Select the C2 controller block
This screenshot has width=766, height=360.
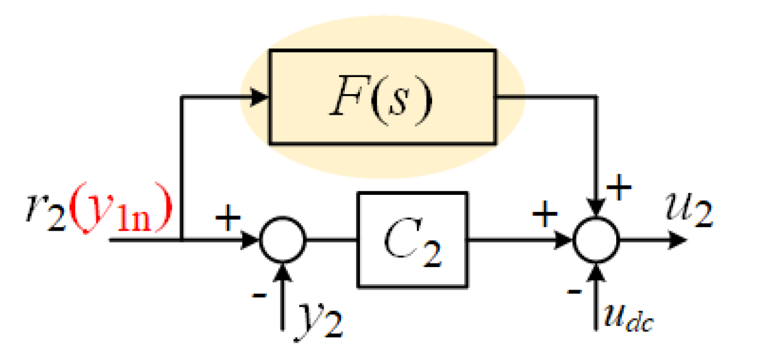[x=412, y=239]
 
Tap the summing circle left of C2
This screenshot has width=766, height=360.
[x=282, y=239]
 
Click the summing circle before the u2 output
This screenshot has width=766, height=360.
[x=597, y=239]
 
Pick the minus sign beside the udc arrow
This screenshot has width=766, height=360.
[x=572, y=291]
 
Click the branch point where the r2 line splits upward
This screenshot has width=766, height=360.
[x=182, y=239]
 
